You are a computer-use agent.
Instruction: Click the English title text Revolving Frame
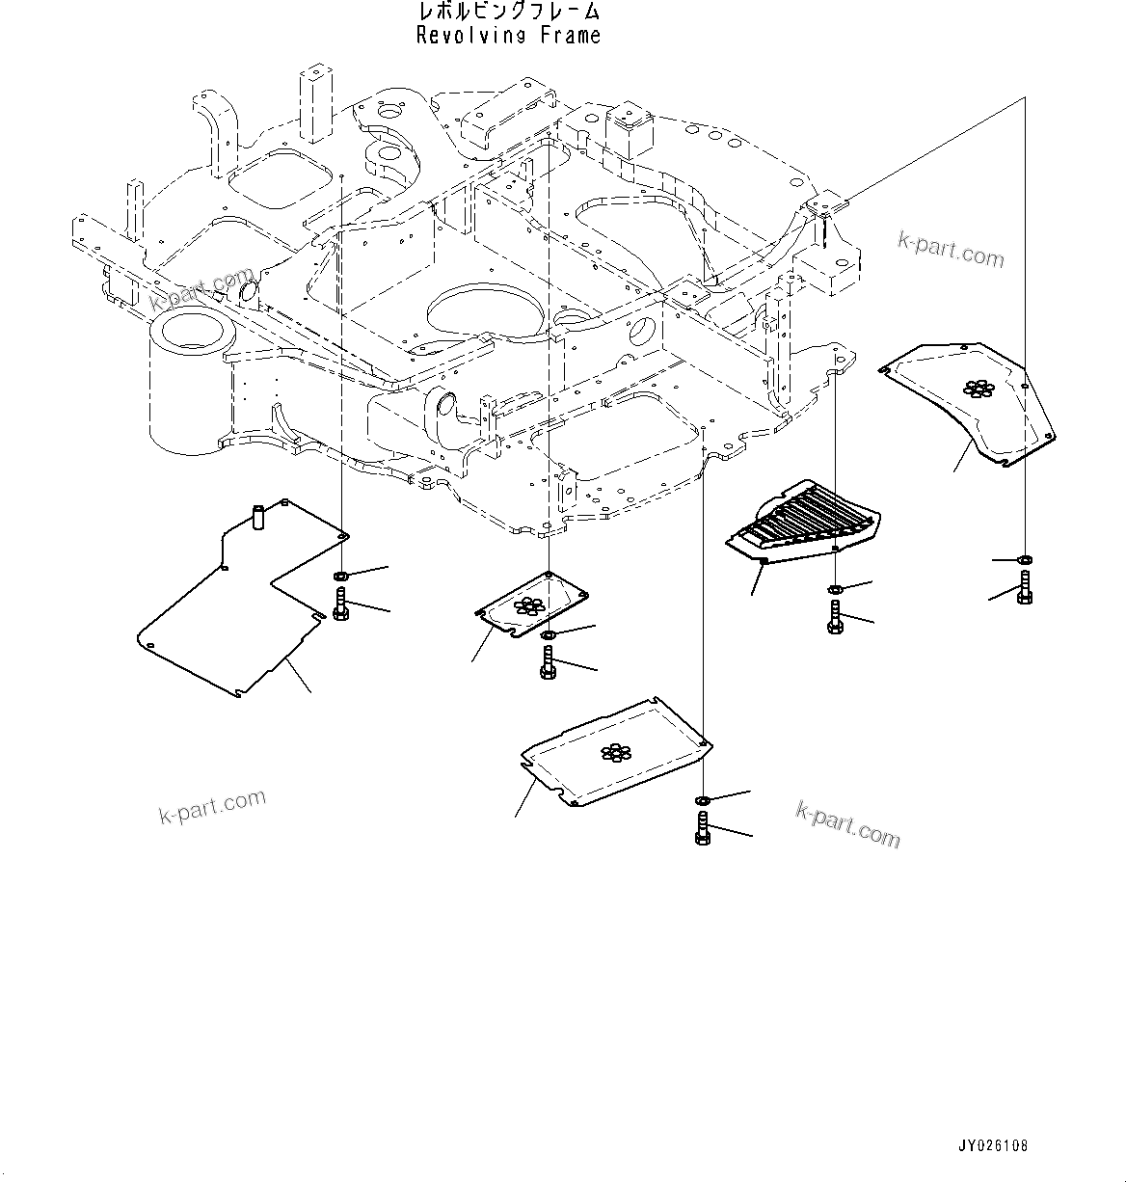click(x=508, y=36)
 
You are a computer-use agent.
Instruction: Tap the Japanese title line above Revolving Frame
click(x=508, y=12)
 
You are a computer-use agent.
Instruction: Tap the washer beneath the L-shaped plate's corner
click(x=341, y=577)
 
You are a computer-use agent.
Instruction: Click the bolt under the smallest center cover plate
click(x=549, y=663)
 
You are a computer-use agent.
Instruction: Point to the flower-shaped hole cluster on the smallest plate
click(x=527, y=605)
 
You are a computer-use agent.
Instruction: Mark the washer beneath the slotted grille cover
click(x=835, y=589)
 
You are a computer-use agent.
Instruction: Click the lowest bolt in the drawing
click(x=702, y=828)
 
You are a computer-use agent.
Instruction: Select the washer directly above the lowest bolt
click(x=702, y=800)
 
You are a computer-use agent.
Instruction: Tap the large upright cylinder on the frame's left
click(x=190, y=381)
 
